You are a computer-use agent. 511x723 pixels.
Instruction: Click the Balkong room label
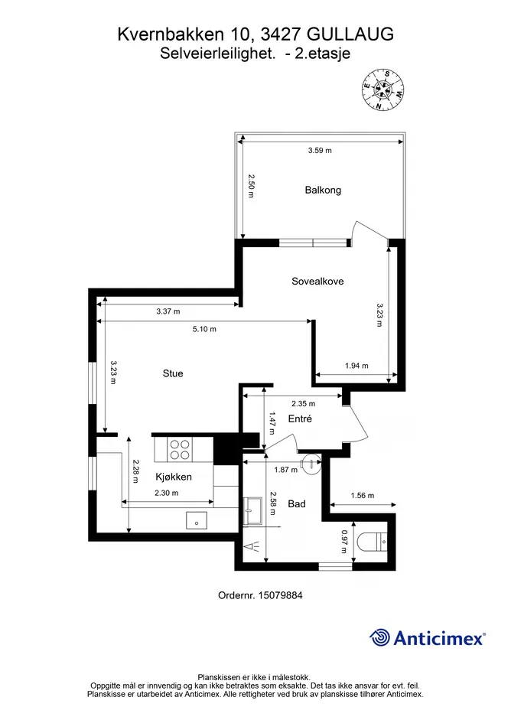tap(323, 190)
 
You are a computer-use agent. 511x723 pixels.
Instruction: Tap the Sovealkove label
tap(317, 282)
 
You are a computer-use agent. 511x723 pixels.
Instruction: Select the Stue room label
tap(173, 373)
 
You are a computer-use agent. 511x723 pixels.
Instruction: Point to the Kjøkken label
tap(174, 477)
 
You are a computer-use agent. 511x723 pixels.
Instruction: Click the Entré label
tap(300, 418)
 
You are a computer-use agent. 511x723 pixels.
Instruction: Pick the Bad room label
tap(297, 504)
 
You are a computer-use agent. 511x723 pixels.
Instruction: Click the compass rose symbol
tap(383, 90)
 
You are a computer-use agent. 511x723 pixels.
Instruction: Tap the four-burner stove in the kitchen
tap(180, 450)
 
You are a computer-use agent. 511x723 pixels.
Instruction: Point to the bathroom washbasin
tap(252, 510)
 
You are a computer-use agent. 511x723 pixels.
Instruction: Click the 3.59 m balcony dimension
tap(320, 150)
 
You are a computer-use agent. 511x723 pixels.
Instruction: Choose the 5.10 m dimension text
tap(204, 329)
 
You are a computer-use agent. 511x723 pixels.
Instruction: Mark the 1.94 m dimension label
tap(356, 366)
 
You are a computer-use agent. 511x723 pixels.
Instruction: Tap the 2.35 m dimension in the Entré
tap(304, 403)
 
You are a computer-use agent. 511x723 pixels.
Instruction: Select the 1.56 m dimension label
tap(363, 496)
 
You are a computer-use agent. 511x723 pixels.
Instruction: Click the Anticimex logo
tap(427, 638)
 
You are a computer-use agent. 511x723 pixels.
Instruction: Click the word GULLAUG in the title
tap(350, 34)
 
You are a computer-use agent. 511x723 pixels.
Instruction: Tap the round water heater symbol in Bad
tap(309, 463)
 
